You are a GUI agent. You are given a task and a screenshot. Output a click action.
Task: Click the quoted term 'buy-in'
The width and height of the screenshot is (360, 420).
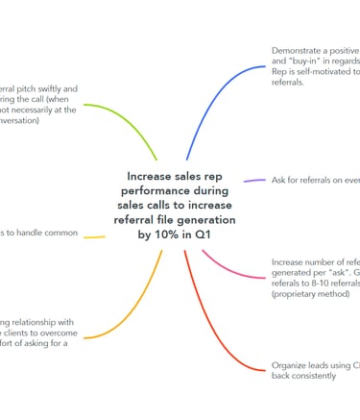point(309,61)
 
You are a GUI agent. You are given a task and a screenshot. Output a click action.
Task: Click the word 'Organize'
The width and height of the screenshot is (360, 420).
point(292,365)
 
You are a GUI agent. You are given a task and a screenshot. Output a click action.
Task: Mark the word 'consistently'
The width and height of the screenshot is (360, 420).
point(319,376)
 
